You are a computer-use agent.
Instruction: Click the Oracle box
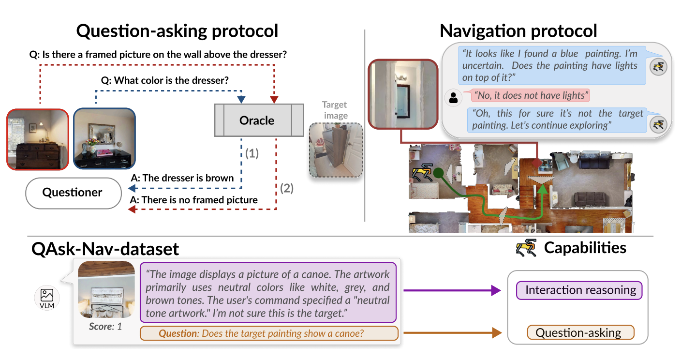coord(257,120)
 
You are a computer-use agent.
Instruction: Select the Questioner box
coord(73,193)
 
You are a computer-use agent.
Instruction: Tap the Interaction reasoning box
coord(580,290)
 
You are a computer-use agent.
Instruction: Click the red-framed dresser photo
coord(38,139)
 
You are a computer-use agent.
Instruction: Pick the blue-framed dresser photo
coord(104,138)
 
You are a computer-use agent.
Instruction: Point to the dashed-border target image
coord(336,150)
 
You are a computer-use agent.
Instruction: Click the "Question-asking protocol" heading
coord(178,31)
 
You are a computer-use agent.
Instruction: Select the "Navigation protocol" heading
coord(518,31)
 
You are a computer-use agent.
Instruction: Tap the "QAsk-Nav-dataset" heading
coord(105,249)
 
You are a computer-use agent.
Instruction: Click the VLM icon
coord(47,296)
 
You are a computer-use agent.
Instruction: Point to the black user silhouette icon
coord(453,98)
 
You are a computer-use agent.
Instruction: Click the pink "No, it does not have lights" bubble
coord(530,95)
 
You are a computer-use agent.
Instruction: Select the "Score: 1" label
coord(105,327)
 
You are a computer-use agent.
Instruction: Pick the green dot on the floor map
coord(438,172)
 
